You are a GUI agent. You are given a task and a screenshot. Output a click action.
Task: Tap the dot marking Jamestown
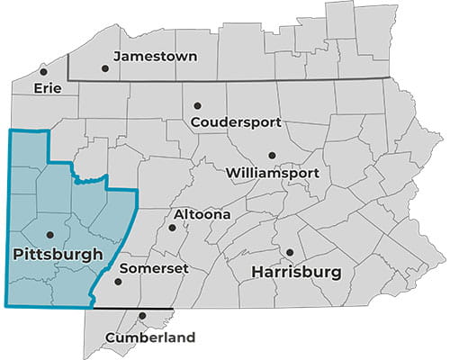click(x=105, y=67)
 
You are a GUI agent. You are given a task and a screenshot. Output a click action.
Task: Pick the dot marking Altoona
click(x=172, y=227)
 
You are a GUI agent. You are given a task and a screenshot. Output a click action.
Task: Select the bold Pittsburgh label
click(x=58, y=256)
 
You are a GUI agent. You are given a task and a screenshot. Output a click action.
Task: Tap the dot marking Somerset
click(x=117, y=281)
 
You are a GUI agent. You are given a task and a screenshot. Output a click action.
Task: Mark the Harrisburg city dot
click(x=290, y=252)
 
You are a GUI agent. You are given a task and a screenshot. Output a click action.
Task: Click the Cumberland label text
click(x=149, y=338)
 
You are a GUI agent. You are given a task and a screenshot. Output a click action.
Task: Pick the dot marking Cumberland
click(x=143, y=316)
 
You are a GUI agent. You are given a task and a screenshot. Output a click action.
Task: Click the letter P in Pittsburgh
click(x=21, y=256)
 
